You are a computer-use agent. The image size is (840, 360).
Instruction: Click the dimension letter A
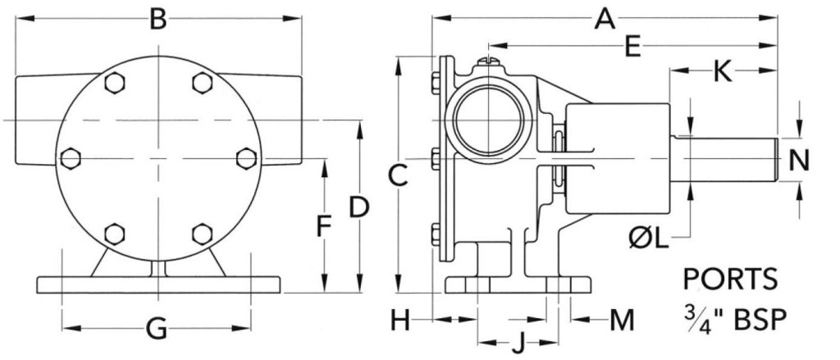point(605,19)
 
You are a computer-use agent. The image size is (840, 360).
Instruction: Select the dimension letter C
point(399,175)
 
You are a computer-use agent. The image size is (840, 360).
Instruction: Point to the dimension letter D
point(359,207)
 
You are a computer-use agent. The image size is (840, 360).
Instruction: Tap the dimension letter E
point(632,47)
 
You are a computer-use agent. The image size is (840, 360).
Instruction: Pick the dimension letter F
point(322,226)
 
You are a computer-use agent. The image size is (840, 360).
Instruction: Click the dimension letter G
point(157,329)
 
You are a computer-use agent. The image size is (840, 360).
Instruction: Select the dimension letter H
point(399,321)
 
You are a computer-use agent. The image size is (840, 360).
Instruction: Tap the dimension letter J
point(518,343)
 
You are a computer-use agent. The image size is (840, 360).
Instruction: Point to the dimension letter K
point(723,72)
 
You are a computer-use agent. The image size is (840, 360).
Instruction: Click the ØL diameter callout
point(650,239)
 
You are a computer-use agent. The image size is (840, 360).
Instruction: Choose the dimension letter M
point(622,321)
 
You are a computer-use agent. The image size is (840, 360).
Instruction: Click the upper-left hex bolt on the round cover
point(115,83)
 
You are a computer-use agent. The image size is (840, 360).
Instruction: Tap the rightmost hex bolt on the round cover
point(246,158)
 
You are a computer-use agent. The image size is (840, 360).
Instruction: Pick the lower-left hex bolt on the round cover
point(115,234)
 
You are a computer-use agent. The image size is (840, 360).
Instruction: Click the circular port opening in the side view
point(488,119)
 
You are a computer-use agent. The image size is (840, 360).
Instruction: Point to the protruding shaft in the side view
point(724,159)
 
